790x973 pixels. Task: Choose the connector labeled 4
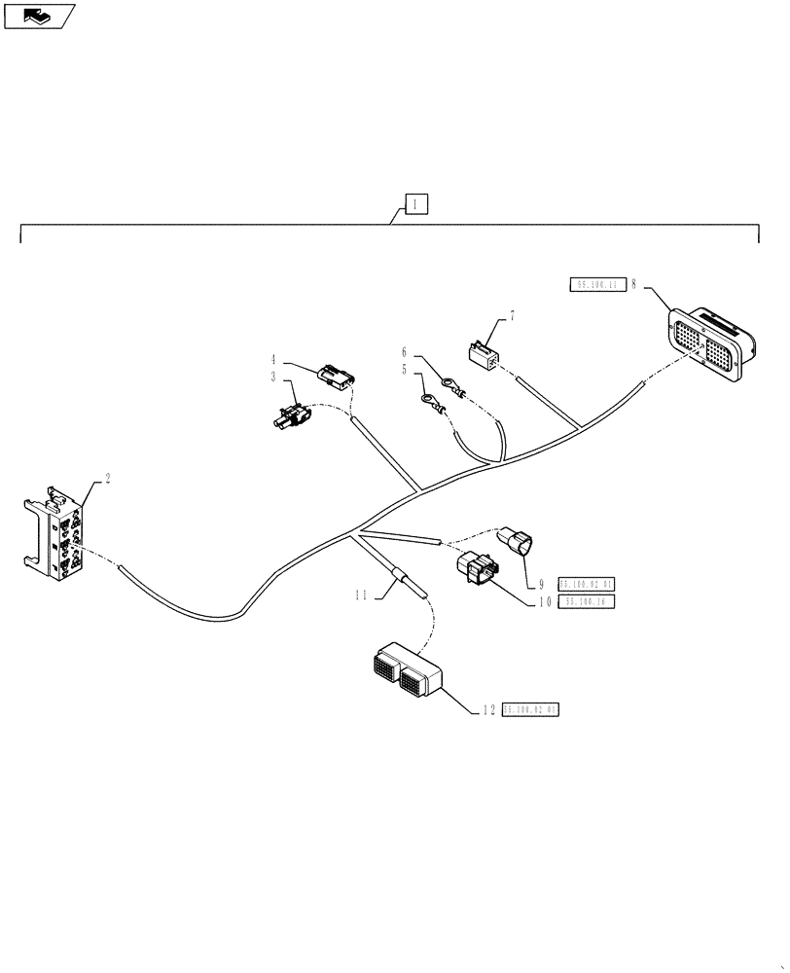tap(334, 375)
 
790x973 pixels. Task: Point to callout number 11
tap(362, 595)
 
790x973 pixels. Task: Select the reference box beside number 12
tap(531, 711)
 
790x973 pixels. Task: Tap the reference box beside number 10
tap(587, 602)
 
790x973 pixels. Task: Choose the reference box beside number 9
tap(587, 584)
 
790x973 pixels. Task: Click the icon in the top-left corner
tap(39, 16)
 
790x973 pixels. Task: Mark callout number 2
tap(107, 478)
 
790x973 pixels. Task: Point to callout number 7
tap(513, 317)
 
